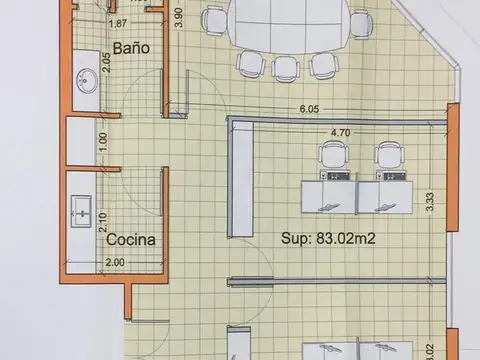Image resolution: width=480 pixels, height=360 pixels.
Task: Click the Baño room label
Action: pyautogui.click(x=132, y=48)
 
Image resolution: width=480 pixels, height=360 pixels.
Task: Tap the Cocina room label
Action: pyautogui.click(x=131, y=240)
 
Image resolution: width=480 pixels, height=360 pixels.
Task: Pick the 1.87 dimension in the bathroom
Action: pyautogui.click(x=117, y=23)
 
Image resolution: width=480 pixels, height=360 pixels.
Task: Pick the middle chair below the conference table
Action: pyautogui.click(x=286, y=67)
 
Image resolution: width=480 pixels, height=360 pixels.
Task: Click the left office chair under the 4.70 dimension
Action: pyautogui.click(x=333, y=156)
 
